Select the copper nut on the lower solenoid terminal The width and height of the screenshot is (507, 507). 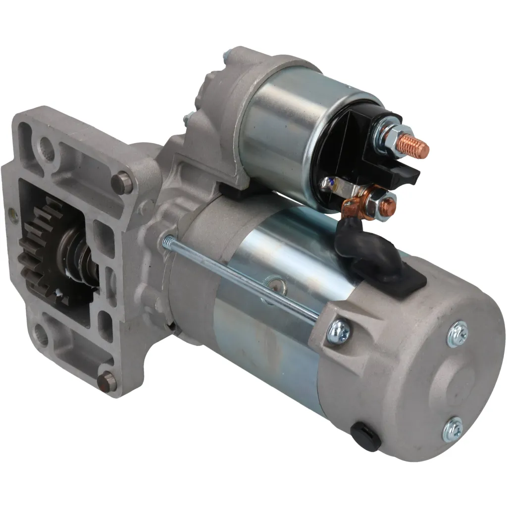tap(388, 203)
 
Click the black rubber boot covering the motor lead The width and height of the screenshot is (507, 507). tap(369, 252)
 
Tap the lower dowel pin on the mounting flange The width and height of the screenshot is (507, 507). tap(106, 381)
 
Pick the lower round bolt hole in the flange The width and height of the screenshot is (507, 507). tap(43, 337)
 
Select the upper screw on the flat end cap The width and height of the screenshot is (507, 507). tap(456, 334)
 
